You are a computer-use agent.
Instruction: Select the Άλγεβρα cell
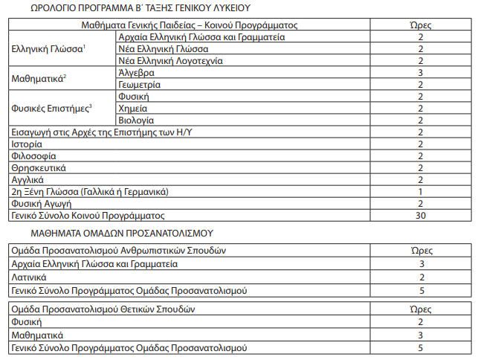coord(137,73)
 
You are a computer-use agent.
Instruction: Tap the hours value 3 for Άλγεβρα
coord(420,73)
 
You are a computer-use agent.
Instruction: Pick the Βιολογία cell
coord(136,120)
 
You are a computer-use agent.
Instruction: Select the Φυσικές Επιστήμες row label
coord(51,108)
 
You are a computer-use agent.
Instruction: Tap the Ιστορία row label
coord(28,144)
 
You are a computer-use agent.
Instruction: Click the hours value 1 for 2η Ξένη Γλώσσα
coord(420,191)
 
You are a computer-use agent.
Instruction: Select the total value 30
coord(420,215)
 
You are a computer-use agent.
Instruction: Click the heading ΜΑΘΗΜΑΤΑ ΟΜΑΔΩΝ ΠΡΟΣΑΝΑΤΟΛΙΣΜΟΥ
coord(112,234)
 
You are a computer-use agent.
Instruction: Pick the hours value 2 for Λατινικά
coord(420,277)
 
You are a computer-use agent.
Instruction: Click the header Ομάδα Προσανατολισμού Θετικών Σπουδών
coord(103,309)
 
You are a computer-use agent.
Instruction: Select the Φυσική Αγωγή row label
coord(42,203)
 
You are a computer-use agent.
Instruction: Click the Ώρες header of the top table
coord(420,25)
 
